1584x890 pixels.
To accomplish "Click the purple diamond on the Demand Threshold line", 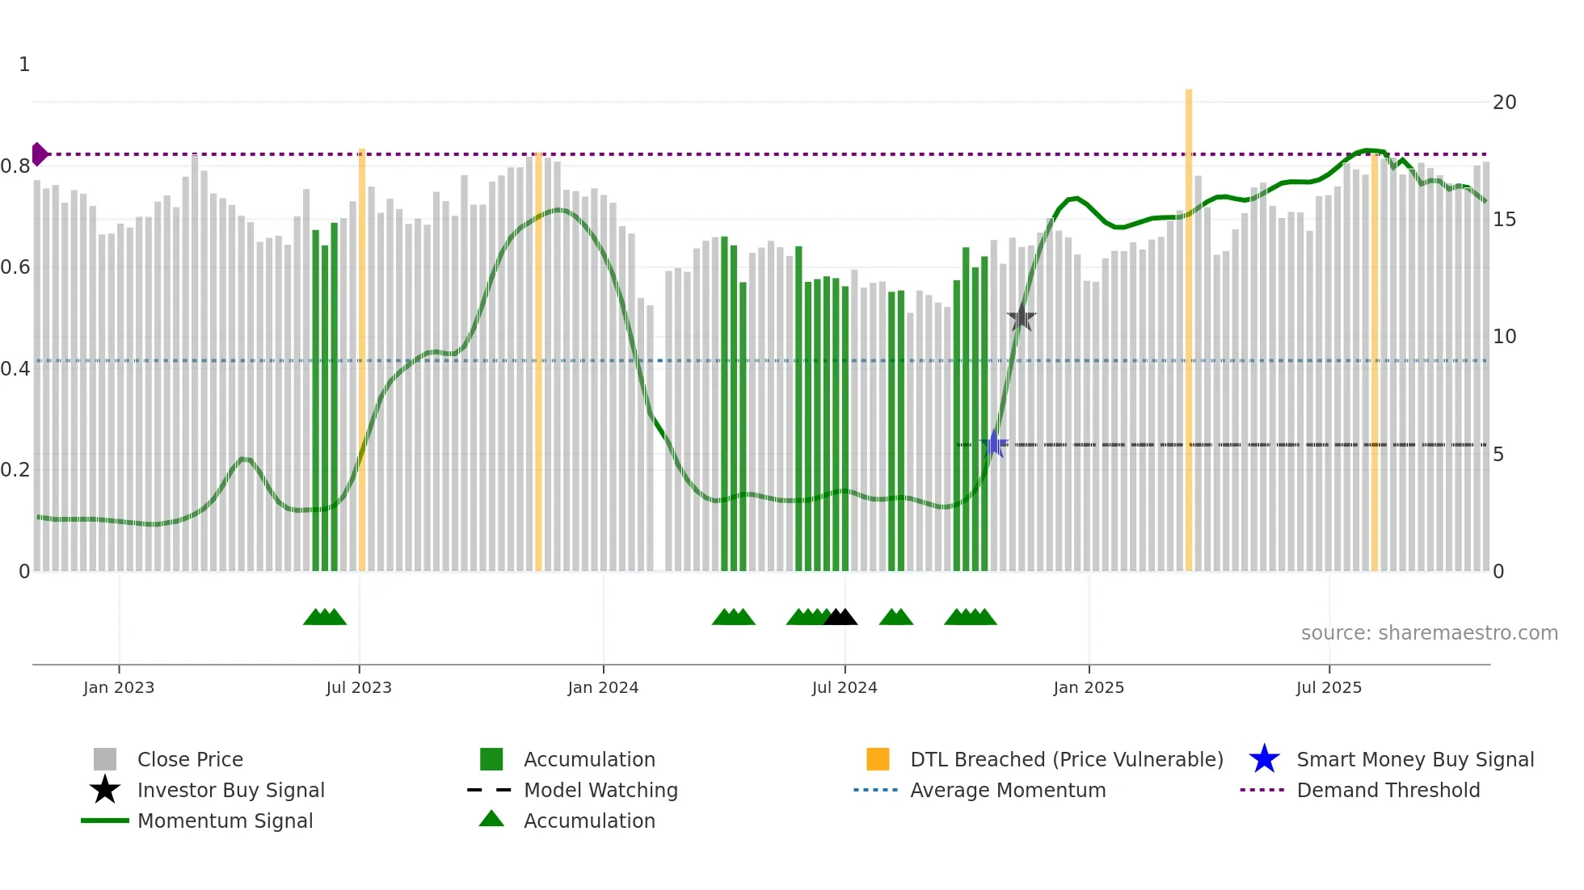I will coord(40,153).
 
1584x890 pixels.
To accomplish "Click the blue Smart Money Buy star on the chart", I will coord(995,443).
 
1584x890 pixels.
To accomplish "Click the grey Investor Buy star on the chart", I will coord(1022,317).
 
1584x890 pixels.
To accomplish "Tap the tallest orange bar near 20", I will coord(1189,323).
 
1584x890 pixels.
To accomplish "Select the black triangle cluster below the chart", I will coord(840,618).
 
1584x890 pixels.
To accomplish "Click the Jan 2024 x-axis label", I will coord(603,687).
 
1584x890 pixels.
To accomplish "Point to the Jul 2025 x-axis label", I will coord(1329,687).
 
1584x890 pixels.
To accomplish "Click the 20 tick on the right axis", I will coord(1504,103).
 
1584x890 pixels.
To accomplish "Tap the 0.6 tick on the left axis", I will coord(15,267).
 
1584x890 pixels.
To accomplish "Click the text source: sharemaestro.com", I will coord(1429,633).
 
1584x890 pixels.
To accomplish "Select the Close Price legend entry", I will coord(189,759).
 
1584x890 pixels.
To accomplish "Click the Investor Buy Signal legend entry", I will coord(230,790).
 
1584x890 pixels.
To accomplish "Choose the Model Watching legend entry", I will coord(600,790).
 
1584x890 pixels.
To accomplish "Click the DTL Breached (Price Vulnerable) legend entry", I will coord(1066,759).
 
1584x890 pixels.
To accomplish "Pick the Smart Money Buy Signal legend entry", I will coord(1414,759).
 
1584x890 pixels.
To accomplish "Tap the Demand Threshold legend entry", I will coord(1388,790).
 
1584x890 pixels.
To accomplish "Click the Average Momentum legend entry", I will coord(1007,790).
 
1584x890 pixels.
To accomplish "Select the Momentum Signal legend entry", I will coord(225,821).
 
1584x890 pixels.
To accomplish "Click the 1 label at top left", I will coord(24,65).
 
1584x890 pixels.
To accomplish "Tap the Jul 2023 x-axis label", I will coord(359,687).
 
